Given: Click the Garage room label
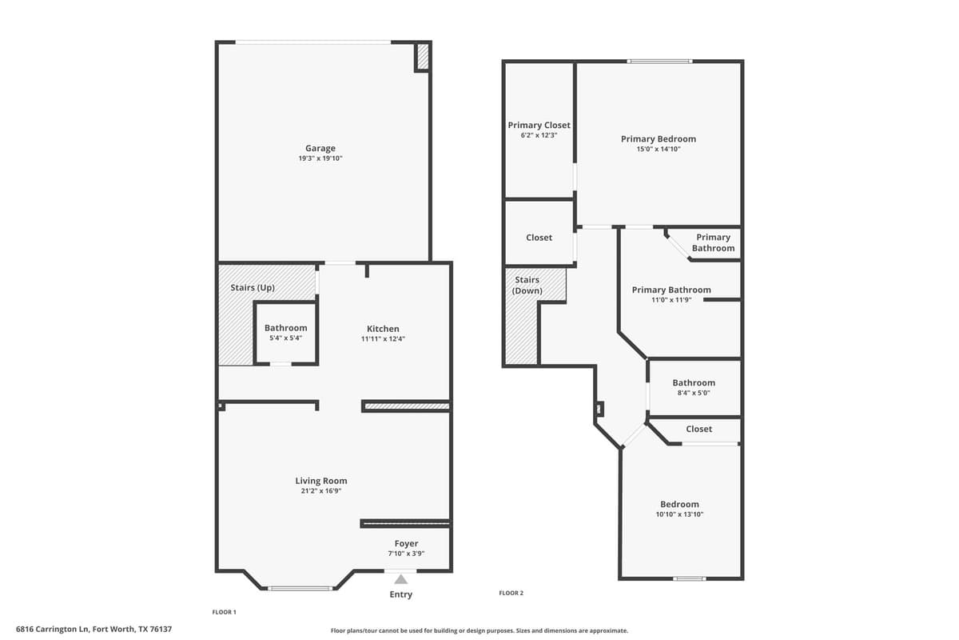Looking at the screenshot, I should [320, 148].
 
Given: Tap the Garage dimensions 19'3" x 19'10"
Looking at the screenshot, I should [320, 158].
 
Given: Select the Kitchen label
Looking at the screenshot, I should [383, 329].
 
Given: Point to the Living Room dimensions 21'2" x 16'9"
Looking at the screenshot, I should [321, 491].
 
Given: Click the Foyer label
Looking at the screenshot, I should [406, 544].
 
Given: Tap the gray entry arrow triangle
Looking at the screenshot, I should [400, 578].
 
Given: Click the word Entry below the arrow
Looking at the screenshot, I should [401, 594].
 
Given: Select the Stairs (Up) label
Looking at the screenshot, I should [253, 287].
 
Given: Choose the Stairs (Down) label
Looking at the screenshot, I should [527, 285].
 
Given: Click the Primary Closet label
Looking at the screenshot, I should [539, 125].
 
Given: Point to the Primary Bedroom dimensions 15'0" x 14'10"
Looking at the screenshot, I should [659, 149].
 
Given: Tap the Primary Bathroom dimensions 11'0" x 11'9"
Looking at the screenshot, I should [671, 300].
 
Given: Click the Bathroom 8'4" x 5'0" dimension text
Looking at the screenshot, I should [694, 393].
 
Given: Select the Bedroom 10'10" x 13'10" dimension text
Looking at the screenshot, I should [679, 514].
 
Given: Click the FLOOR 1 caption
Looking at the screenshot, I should [224, 612].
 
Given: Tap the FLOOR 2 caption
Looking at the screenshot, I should [511, 593].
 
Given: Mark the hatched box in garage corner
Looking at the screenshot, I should [423, 57].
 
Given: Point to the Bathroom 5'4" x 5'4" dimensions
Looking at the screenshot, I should [285, 338].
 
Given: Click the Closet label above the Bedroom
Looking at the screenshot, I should [698, 429].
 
